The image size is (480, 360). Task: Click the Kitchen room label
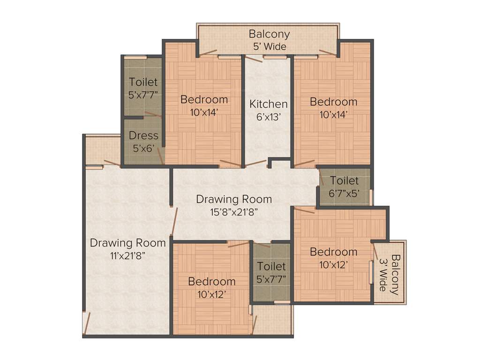tap(268, 104)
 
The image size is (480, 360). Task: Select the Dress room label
tap(143, 135)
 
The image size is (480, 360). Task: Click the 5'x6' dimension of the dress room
tap(143, 148)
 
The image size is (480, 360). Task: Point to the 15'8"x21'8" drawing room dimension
tap(234, 211)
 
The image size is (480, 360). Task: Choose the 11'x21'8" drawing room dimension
tap(128, 255)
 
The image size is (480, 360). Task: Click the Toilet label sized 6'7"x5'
tap(344, 180)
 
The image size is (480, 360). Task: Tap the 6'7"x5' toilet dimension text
tap(344, 193)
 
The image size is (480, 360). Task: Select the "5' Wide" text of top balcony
tap(269, 46)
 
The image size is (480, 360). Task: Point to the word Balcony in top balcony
tap(269, 34)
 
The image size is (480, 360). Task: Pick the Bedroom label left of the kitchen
tap(204, 99)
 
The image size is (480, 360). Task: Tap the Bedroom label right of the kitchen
tap(333, 102)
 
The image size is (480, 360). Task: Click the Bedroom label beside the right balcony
tap(333, 252)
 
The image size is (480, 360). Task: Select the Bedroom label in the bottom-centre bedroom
tap(211, 281)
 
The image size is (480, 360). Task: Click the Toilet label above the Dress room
tap(143, 82)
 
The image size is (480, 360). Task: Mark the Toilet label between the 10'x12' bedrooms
tap(271, 266)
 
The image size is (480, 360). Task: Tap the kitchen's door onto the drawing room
tap(256, 163)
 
